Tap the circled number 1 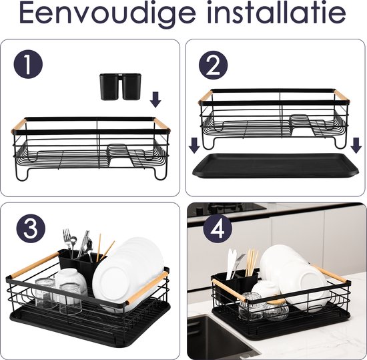pos(28,65)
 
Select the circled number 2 pos(213,65)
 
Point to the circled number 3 pos(27,230)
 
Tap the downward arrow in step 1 pos(155,100)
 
